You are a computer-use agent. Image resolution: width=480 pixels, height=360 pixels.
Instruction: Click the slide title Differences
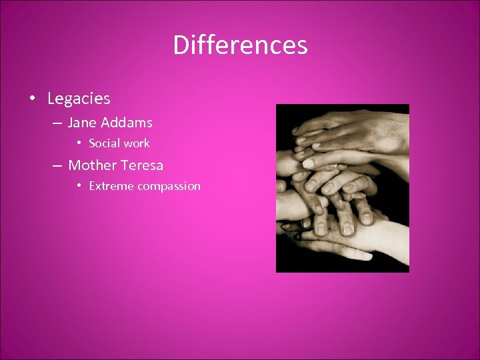tap(240, 45)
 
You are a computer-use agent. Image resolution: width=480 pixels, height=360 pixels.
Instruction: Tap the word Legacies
tap(79, 99)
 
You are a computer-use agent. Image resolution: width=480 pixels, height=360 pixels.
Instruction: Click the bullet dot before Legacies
tap(32, 99)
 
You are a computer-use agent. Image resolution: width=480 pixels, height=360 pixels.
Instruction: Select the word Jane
tap(82, 123)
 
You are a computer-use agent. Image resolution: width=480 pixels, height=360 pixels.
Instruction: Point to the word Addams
tap(127, 123)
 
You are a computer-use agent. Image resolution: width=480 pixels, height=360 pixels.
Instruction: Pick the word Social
tap(103, 143)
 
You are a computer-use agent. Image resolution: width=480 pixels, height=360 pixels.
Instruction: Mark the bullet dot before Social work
tap(79, 143)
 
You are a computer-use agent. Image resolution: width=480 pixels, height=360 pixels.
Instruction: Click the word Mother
tap(92, 165)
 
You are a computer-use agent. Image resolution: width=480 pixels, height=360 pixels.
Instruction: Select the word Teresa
tap(142, 165)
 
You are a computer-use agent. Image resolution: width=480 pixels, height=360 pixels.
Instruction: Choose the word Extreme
tap(111, 186)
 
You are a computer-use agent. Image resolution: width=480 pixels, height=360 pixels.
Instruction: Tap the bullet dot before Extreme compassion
tap(79, 185)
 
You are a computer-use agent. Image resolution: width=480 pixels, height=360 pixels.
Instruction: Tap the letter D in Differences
tap(180, 45)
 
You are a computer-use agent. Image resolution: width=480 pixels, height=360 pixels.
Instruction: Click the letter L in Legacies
tap(51, 99)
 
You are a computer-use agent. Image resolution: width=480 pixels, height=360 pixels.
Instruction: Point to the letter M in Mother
tap(75, 165)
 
